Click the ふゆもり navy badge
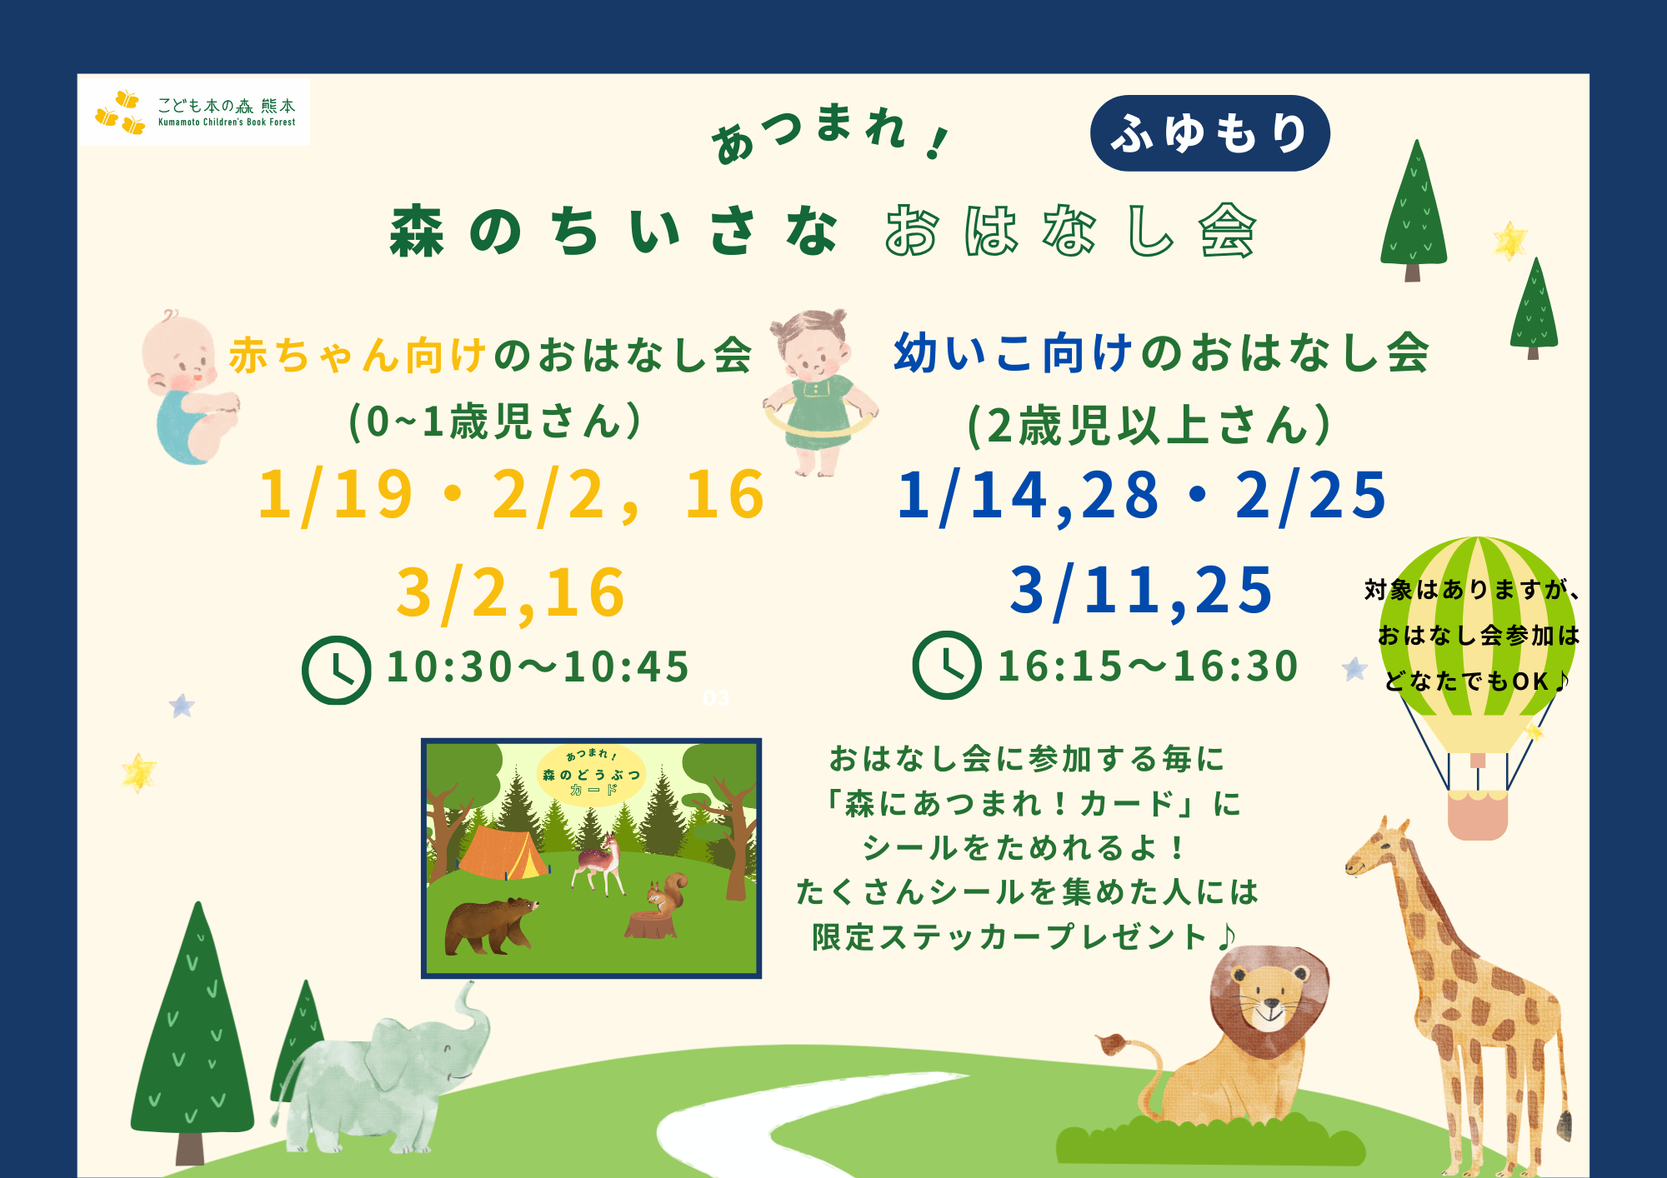coord(1209,133)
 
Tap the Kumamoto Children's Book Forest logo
coord(194,112)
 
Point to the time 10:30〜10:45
coord(538,667)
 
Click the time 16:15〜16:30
coord(1149,666)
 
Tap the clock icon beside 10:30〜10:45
coord(336,670)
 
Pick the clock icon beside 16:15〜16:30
coord(946,665)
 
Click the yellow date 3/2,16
coord(511,593)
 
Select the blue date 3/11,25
coord(1141,591)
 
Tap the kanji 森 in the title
coord(417,232)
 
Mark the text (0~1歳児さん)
coord(495,422)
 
